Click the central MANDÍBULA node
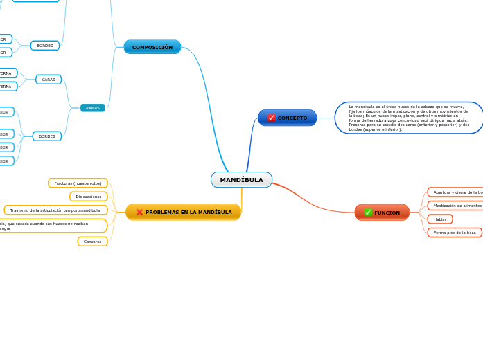[241, 180]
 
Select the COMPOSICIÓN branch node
[152, 47]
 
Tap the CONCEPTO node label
[292, 118]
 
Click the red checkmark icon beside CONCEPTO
[272, 118]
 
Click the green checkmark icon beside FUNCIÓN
[368, 213]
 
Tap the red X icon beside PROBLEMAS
[139, 212]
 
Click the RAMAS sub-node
[93, 108]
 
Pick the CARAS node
[49, 80]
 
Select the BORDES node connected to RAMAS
[47, 136]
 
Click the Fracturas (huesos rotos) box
[78, 183]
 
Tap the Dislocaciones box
[89, 197]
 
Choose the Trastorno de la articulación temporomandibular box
[56, 210]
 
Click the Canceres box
[92, 242]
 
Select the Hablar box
[440, 219]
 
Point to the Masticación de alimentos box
[455, 206]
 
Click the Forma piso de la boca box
[455, 233]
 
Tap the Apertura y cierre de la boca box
[455, 192]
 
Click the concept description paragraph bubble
[409, 118]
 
